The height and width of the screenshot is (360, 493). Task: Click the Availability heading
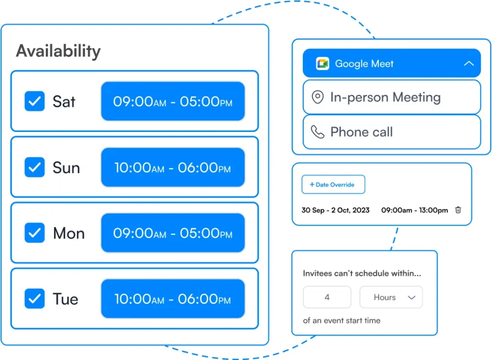(58, 51)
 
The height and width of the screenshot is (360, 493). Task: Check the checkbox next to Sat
(35, 102)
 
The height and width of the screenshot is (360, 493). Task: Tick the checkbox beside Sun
(35, 167)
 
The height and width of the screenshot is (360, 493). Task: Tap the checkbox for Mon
(35, 233)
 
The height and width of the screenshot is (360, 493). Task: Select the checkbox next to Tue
(35, 299)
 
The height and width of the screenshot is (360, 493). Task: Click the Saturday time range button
(172, 102)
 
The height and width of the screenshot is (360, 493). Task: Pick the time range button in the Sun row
(172, 167)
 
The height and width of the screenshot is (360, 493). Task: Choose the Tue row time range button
(172, 299)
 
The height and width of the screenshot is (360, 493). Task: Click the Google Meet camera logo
(322, 64)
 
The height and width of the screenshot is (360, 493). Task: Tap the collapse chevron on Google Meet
(468, 64)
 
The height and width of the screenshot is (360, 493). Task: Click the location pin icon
(317, 97)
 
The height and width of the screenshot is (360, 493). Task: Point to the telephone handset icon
(317, 132)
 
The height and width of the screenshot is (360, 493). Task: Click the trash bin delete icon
(458, 210)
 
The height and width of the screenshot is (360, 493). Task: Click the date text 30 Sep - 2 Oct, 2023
(335, 210)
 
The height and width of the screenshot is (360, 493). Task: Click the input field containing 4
(327, 297)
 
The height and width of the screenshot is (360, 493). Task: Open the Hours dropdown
(391, 297)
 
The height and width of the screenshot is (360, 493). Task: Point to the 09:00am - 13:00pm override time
(414, 210)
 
